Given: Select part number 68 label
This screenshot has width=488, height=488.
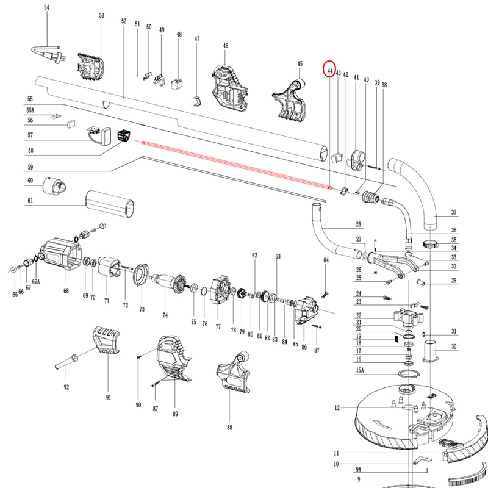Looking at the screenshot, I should (x=66, y=292).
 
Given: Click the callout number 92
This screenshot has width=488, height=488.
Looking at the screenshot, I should (x=66, y=387).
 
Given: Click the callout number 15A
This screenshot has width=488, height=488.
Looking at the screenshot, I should (x=359, y=370).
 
